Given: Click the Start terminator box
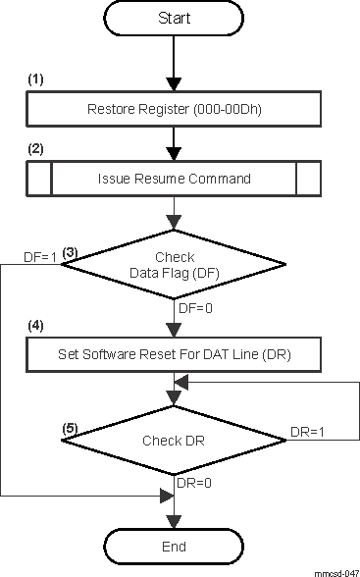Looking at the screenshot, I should coord(174,20).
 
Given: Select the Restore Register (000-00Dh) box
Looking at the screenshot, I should coord(174,110).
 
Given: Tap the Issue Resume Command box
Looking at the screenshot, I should coord(174,179).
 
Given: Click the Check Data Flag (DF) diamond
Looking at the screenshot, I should coord(175,264).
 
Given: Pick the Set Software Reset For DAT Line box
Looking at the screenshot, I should coord(174,352).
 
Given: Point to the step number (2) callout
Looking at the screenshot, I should coord(36,149).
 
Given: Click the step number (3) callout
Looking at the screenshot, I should coord(71,252).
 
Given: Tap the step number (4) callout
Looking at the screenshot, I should coord(36,323).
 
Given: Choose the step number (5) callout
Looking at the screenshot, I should coord(71,429).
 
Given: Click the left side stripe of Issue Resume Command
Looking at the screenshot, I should coord(39,179).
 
